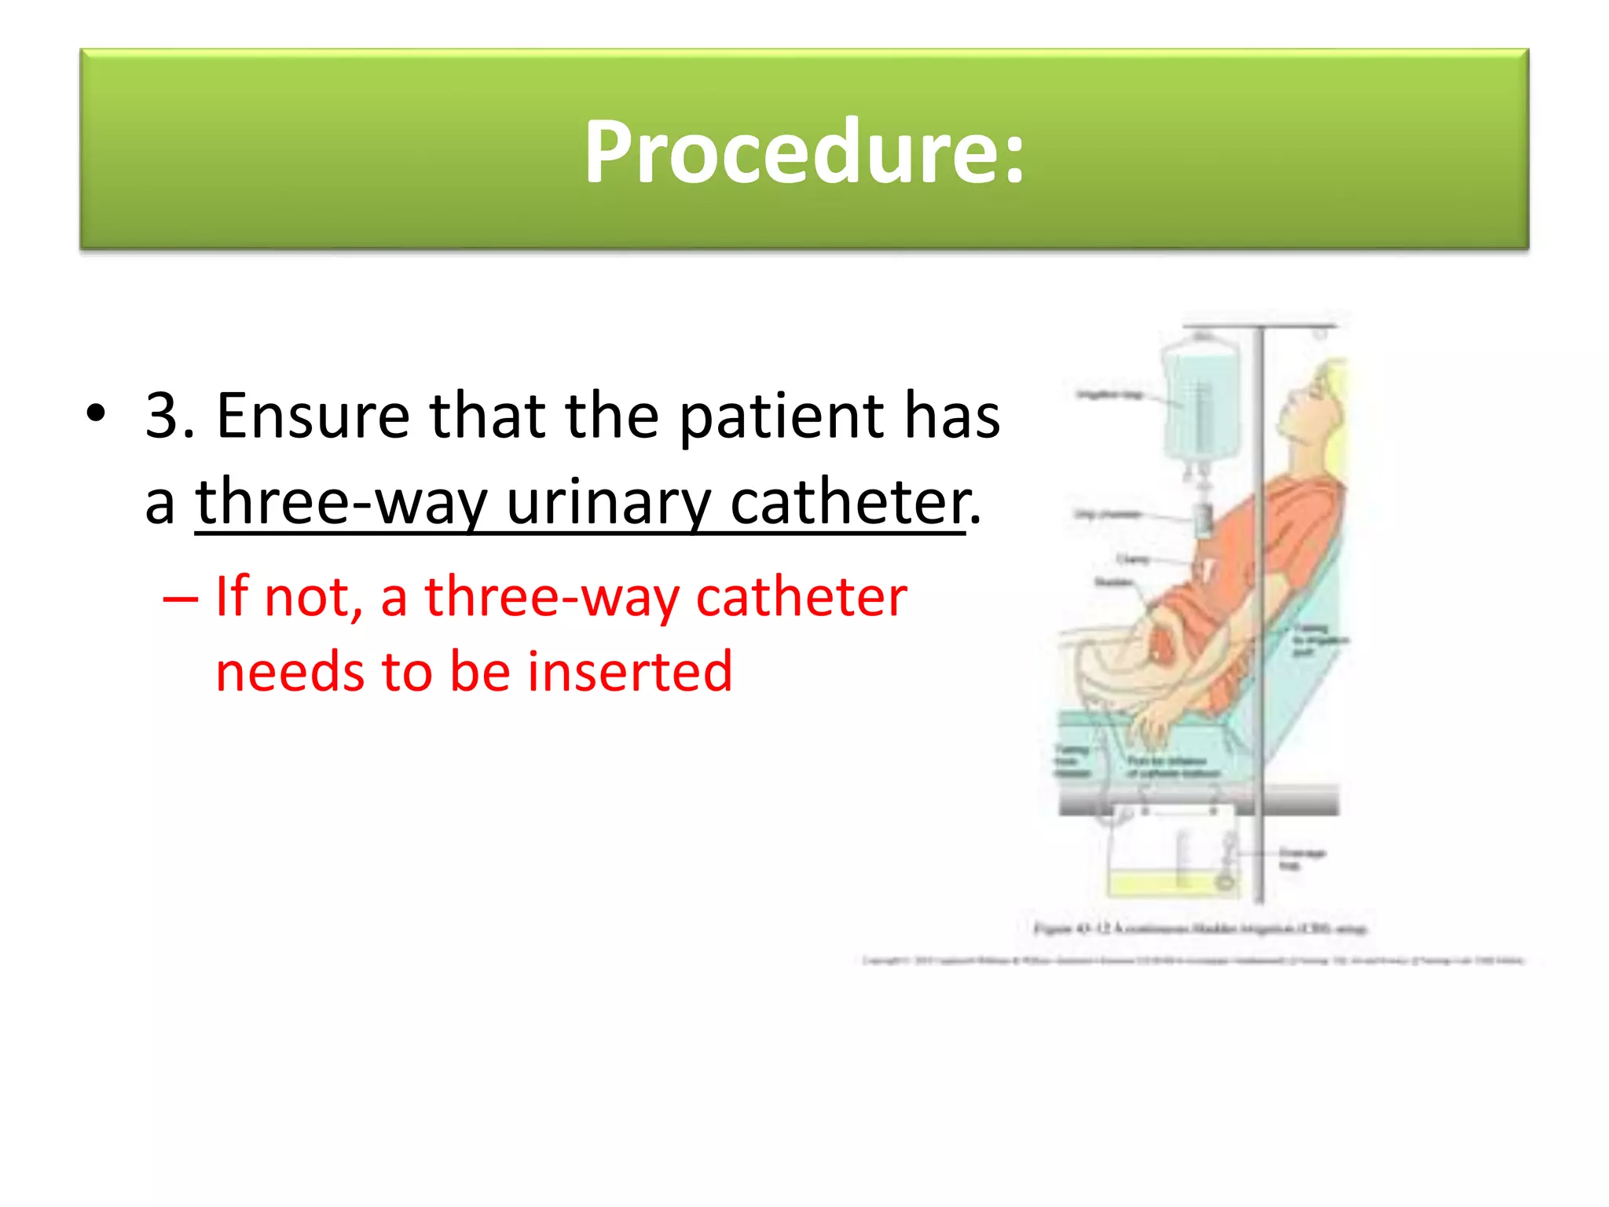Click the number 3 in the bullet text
tap(162, 416)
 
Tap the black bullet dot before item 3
tap(96, 414)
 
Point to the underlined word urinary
tap(609, 503)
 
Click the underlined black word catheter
tap(847, 503)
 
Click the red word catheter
tap(801, 597)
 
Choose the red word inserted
tap(630, 673)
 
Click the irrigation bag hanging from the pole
tap(1200, 401)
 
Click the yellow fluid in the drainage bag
tap(1163, 883)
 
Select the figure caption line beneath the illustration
tap(1200, 929)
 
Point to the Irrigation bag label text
tap(1109, 394)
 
